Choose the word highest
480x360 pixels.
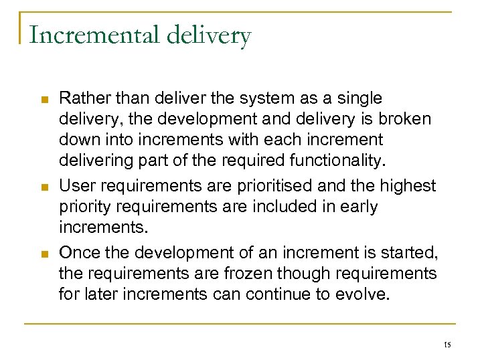tap(410, 185)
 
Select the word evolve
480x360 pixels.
tap(364, 294)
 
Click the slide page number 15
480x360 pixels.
tap(447, 345)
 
